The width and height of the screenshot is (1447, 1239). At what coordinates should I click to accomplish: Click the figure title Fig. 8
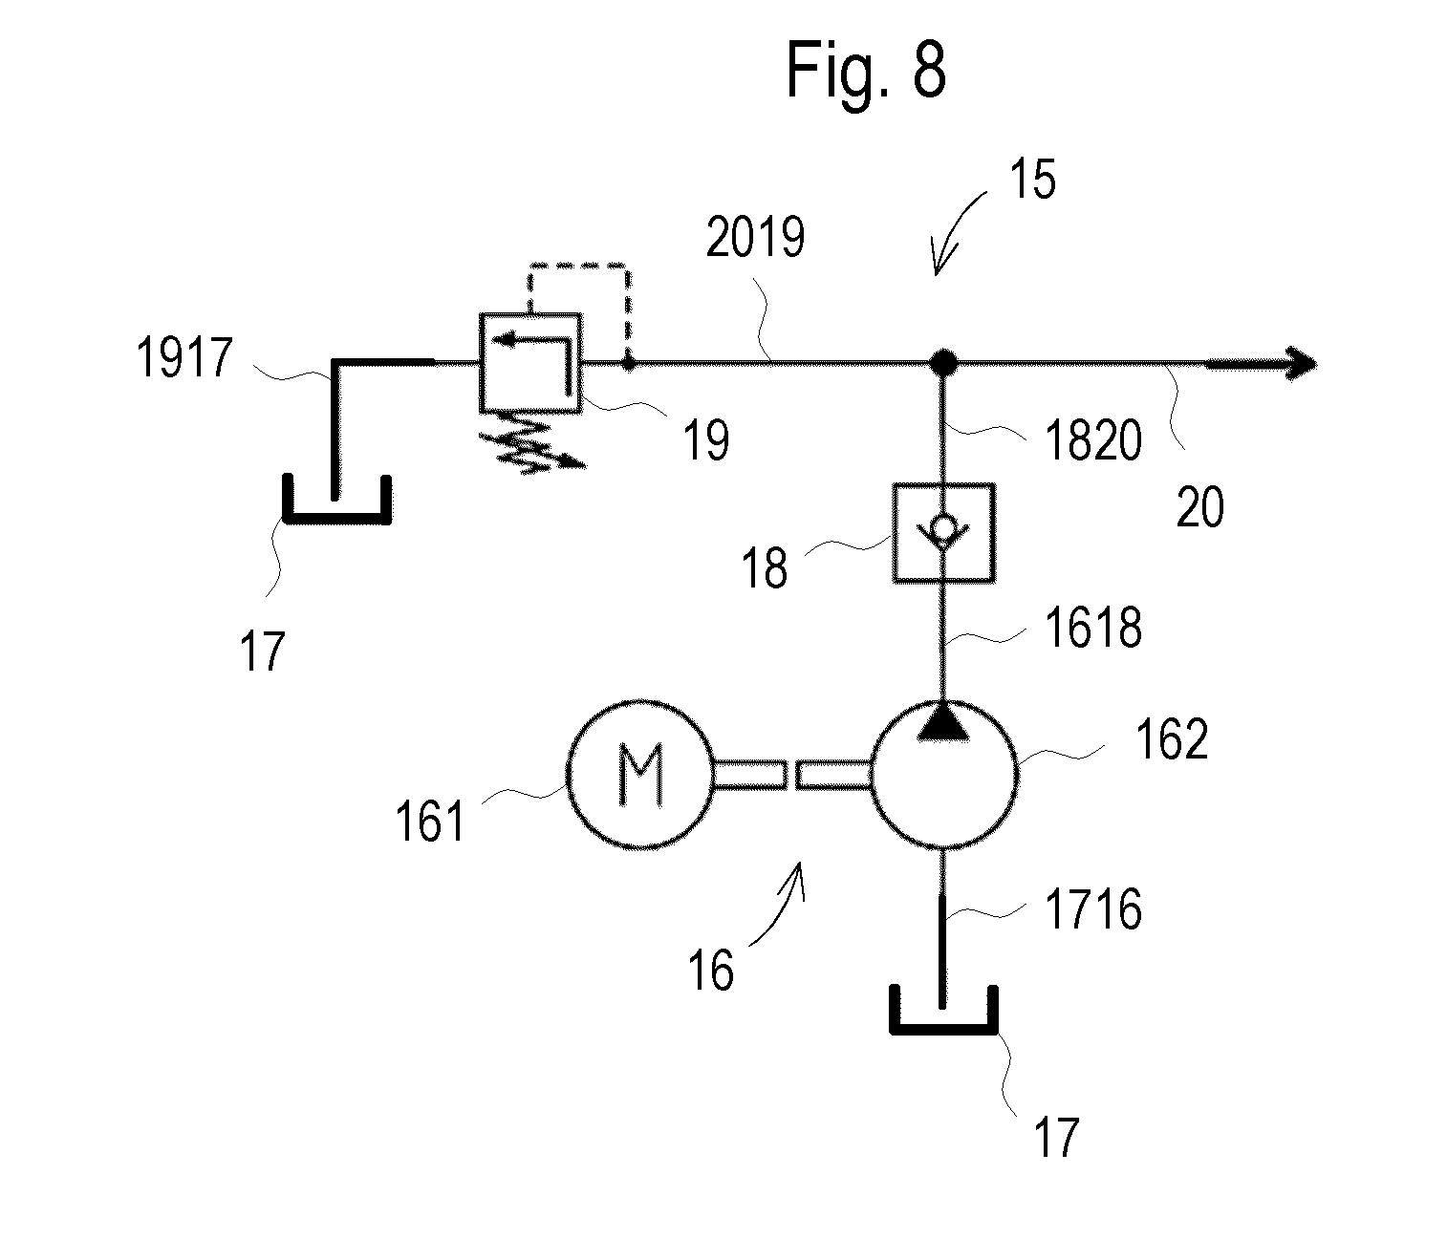point(866,72)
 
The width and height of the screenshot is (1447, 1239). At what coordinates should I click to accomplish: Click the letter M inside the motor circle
point(641,775)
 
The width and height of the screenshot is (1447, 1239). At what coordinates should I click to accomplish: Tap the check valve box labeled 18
point(943,532)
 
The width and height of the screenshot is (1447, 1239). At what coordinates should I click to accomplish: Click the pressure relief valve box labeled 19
point(529,362)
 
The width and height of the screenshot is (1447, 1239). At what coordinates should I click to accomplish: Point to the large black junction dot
point(943,362)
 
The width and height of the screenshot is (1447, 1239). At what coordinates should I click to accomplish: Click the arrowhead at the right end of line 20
point(1301,364)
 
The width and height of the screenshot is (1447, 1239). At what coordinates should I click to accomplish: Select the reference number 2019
point(755,237)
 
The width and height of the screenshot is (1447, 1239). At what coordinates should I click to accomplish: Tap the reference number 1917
point(184,357)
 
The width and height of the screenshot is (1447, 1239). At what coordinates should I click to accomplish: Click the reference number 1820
point(1093,440)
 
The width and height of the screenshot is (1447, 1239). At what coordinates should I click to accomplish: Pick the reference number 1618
point(1093,628)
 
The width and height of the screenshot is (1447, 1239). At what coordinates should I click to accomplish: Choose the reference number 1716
point(1093,909)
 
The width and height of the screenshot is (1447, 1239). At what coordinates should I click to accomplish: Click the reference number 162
point(1172,739)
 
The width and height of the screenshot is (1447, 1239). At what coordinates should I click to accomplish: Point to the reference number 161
point(430,821)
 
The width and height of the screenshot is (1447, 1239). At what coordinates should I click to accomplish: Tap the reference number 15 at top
point(1032,179)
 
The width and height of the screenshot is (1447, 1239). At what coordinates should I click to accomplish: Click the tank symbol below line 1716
point(943,1029)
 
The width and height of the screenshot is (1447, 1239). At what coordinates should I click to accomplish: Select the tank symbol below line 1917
point(336,518)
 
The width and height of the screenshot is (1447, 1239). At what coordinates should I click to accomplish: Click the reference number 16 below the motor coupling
point(710,971)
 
